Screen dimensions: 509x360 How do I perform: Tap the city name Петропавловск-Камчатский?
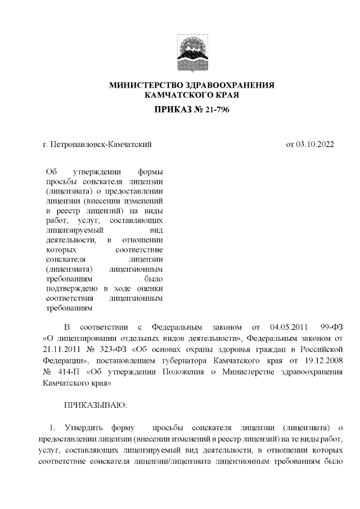pos(101,145)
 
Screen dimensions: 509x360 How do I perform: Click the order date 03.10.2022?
pos(316,145)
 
